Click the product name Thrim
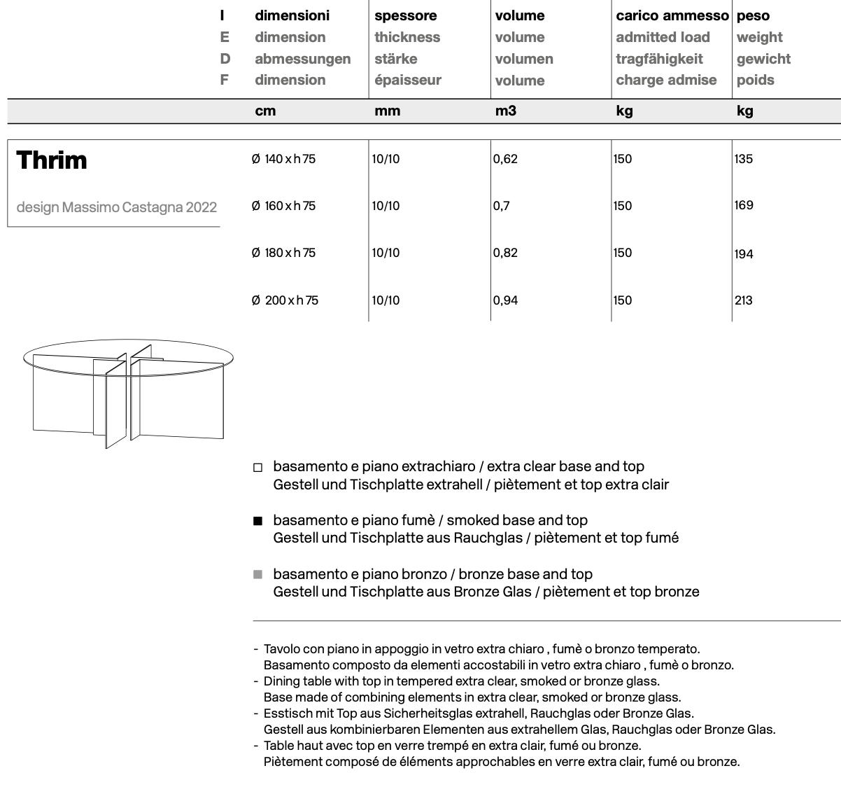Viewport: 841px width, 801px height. [52, 160]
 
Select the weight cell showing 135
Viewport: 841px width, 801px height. [744, 159]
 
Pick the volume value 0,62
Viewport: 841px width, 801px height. [505, 159]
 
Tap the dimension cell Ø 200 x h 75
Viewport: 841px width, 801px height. [285, 300]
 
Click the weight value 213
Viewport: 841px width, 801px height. [744, 300]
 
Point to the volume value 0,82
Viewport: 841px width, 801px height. [505, 253]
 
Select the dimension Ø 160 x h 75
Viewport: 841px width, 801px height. [283, 206]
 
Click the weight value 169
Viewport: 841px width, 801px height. [744, 205]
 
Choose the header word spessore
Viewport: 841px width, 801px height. [405, 15]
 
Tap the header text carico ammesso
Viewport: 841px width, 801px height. [672, 15]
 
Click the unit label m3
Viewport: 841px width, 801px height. [505, 111]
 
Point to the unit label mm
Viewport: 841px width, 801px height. [387, 111]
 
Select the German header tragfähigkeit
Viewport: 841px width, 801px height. [659, 59]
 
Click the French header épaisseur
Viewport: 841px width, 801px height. [407, 80]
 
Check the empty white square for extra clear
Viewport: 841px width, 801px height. [257, 467]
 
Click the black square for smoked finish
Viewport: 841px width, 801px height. [257, 521]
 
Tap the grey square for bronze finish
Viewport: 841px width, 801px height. [257, 575]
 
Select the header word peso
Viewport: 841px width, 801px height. [753, 15]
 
